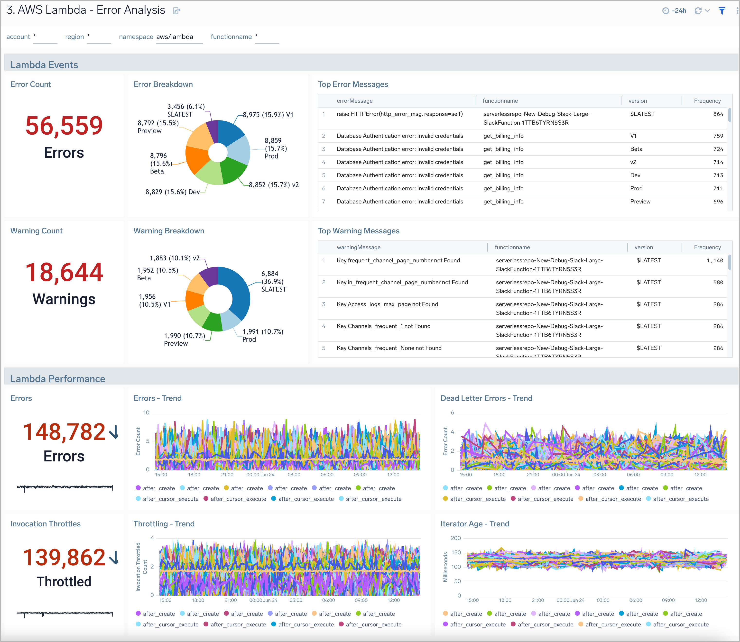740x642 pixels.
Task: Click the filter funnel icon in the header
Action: pos(722,11)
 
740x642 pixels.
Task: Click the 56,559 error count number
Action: pos(64,126)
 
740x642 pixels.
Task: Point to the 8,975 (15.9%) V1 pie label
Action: pos(268,115)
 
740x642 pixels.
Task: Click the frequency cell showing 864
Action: pos(718,114)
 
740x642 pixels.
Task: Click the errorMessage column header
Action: pos(354,101)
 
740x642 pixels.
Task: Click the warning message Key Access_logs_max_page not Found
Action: pos(387,304)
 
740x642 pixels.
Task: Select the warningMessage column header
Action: pos(358,247)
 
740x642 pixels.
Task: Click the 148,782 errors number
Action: pos(64,432)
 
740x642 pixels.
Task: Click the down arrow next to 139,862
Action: pos(114,557)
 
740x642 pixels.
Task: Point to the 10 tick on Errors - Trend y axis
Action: pos(146,413)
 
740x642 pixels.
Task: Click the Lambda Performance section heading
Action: pos(57,379)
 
